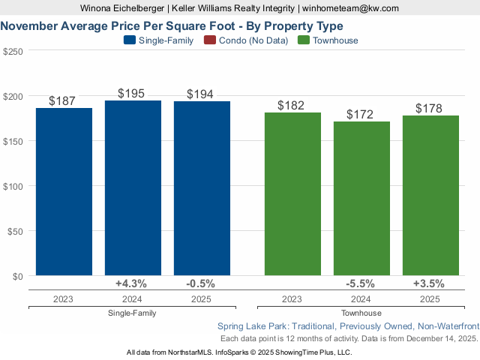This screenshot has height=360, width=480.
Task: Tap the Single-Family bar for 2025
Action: click(202, 189)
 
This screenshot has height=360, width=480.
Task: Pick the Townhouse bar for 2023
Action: click(292, 194)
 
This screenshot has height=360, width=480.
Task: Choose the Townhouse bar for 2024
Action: click(361, 199)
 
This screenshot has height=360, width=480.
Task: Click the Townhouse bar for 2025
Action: click(430, 196)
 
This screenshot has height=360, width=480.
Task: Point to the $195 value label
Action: click(133, 93)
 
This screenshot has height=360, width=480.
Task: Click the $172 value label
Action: click(361, 114)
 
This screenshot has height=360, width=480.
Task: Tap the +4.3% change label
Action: click(131, 283)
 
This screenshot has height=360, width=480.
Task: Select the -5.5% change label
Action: click(361, 283)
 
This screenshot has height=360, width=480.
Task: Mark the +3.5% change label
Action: click(429, 283)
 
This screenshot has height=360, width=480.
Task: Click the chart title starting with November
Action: click(172, 25)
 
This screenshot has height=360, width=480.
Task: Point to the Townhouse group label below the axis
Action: click(361, 313)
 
